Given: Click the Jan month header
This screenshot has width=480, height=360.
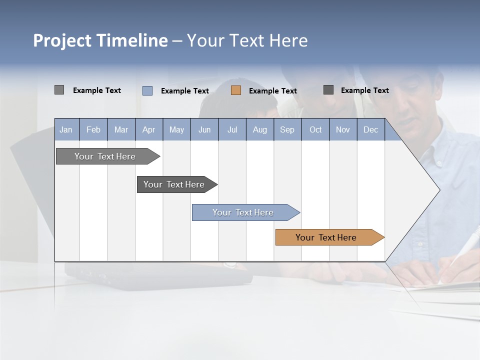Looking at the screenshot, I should (x=66, y=130).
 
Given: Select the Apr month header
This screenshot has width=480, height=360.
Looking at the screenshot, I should (x=148, y=130).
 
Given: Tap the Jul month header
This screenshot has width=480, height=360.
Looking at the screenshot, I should (x=232, y=130).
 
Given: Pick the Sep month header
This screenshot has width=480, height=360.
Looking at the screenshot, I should (x=287, y=130).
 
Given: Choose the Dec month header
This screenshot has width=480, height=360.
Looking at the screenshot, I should (x=370, y=130).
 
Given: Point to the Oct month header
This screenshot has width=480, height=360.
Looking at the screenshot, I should (x=315, y=130).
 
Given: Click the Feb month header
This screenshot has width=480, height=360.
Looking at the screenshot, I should (x=93, y=130).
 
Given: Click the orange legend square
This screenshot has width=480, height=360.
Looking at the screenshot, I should (x=236, y=90).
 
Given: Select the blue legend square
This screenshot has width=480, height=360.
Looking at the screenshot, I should (x=147, y=90).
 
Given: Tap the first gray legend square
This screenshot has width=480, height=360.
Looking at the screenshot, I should (x=59, y=90).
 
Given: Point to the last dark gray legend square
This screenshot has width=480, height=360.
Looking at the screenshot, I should (x=328, y=90).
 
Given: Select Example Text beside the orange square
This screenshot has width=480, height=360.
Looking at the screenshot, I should (x=272, y=91).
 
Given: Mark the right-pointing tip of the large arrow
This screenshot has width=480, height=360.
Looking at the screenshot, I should (x=439, y=190).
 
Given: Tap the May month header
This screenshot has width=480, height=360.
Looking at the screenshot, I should (x=176, y=130).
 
